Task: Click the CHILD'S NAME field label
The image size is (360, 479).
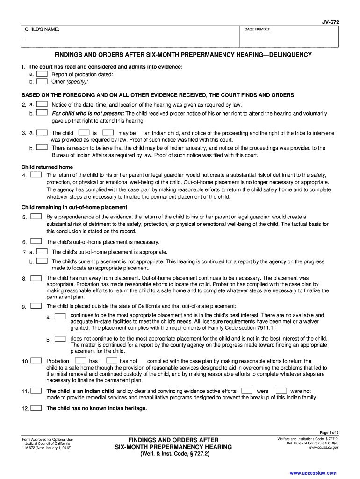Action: click(x=42, y=30)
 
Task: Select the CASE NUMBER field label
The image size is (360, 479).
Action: click(x=258, y=30)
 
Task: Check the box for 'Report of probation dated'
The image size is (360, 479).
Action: click(x=42, y=74)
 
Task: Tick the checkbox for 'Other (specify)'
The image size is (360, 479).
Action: click(x=42, y=81)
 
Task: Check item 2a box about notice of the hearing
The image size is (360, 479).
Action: click(x=42, y=104)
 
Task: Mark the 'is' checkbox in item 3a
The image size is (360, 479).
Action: click(x=85, y=133)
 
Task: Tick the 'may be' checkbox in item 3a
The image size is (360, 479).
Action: click(x=108, y=133)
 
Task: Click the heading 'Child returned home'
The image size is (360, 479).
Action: click(x=47, y=167)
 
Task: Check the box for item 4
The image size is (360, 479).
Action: click(x=36, y=175)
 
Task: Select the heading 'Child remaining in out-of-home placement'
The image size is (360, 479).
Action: click(x=74, y=207)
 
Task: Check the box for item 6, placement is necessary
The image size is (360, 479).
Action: click(x=36, y=242)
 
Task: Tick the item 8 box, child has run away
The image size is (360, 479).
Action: click(x=36, y=278)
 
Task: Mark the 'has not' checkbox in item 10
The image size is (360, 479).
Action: click(x=112, y=361)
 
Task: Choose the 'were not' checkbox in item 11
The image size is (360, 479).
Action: click(x=281, y=391)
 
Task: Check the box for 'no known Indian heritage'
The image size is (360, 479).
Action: click(x=36, y=408)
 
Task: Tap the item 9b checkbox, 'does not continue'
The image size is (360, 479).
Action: click(x=60, y=339)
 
